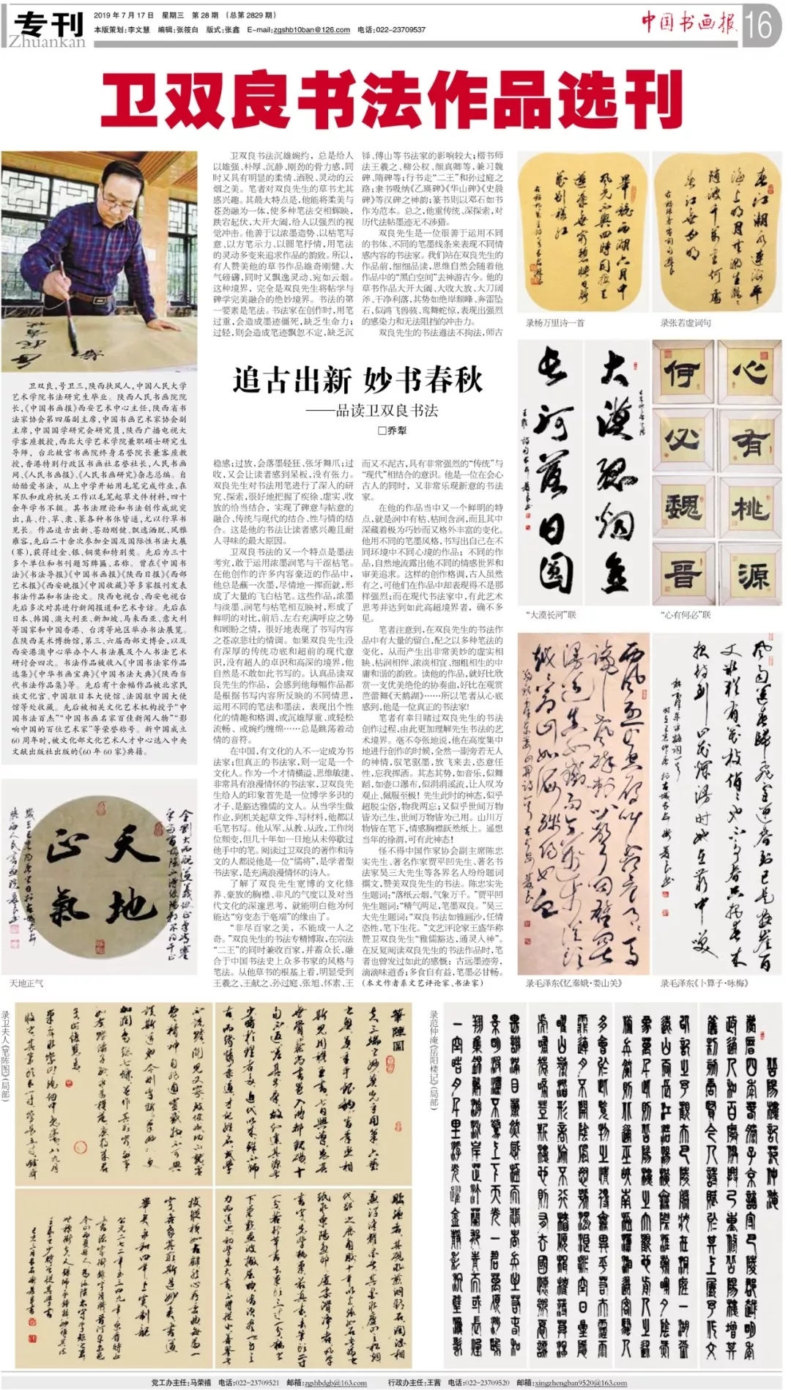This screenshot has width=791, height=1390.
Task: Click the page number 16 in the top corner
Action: pos(759,25)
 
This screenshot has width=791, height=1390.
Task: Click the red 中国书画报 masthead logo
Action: pos(688,23)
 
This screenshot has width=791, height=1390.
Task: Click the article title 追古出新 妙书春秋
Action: pos(357,379)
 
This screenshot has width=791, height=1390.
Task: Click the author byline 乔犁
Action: pos(392,431)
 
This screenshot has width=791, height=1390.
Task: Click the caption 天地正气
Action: pos(26,983)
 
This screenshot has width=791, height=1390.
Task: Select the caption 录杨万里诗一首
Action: pos(554,322)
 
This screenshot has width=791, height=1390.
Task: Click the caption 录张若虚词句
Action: pos(686,322)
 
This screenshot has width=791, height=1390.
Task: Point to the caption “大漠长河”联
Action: pos(552,614)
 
